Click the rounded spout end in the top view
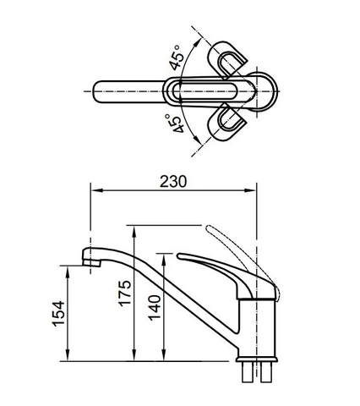point(95,91)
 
